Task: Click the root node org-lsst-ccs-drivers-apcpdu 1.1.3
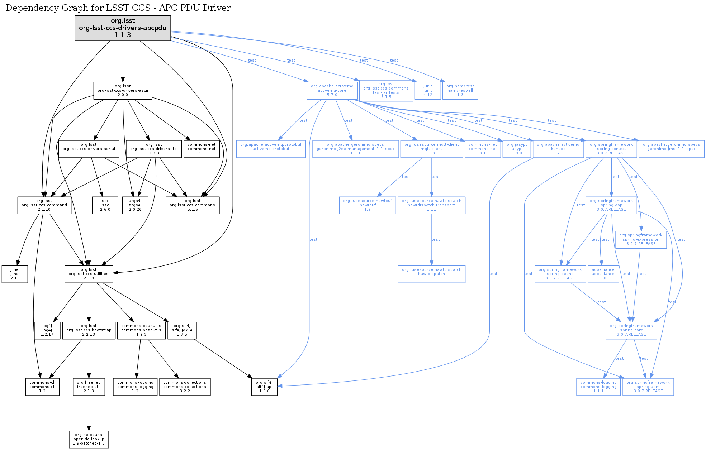pyautogui.click(x=123, y=28)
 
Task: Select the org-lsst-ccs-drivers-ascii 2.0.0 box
pyautogui.click(x=123, y=91)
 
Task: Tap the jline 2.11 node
pyautogui.click(x=15, y=274)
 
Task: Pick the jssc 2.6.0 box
pyautogui.click(x=105, y=205)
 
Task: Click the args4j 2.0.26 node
pyautogui.click(x=135, y=205)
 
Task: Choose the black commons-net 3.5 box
pyautogui.click(x=202, y=149)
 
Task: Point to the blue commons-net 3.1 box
pyautogui.click(x=483, y=149)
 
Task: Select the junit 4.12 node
pyautogui.click(x=427, y=91)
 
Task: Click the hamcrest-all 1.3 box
pyautogui.click(x=460, y=91)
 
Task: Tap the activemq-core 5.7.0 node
pyautogui.click(x=332, y=91)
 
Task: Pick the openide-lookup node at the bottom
pyautogui.click(x=89, y=439)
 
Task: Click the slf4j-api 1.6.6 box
pyautogui.click(x=264, y=387)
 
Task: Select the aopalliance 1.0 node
pyautogui.click(x=603, y=274)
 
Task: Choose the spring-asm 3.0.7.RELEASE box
pyautogui.click(x=648, y=387)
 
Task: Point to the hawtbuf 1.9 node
pyautogui.click(x=368, y=205)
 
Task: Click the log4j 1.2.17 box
pyautogui.click(x=47, y=330)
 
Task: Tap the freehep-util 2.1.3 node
pyautogui.click(x=89, y=387)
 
